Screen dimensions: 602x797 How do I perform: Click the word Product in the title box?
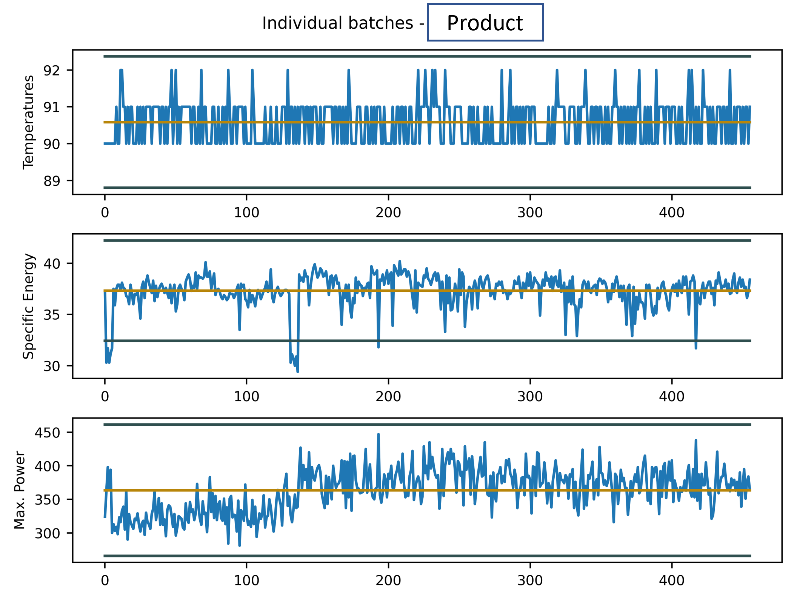coord(485,23)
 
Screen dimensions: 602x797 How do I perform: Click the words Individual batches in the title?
coord(338,23)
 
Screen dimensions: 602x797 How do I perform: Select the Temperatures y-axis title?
coord(28,122)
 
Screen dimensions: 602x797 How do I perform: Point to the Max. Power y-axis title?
coord(20,490)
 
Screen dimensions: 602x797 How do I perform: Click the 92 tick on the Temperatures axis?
coord(52,70)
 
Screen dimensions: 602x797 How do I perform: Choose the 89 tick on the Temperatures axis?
coord(52,181)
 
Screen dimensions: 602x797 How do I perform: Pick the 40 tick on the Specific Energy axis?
coord(52,263)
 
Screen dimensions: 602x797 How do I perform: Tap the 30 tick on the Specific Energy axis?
coord(52,366)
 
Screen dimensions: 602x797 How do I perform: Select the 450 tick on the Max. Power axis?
coord(47,433)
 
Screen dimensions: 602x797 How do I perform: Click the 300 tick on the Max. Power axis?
coord(47,533)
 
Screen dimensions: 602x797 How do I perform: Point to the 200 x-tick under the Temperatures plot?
coord(388,212)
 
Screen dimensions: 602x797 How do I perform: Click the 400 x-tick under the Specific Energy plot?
coord(672,396)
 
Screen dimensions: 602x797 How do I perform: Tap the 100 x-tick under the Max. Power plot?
coord(246,580)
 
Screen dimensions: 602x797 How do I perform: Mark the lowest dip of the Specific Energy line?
coord(298,371)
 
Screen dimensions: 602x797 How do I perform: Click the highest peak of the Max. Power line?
coord(378,434)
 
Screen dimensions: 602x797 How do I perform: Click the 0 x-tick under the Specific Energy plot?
coord(105,396)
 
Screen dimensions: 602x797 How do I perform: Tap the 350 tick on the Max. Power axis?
coord(47,500)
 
